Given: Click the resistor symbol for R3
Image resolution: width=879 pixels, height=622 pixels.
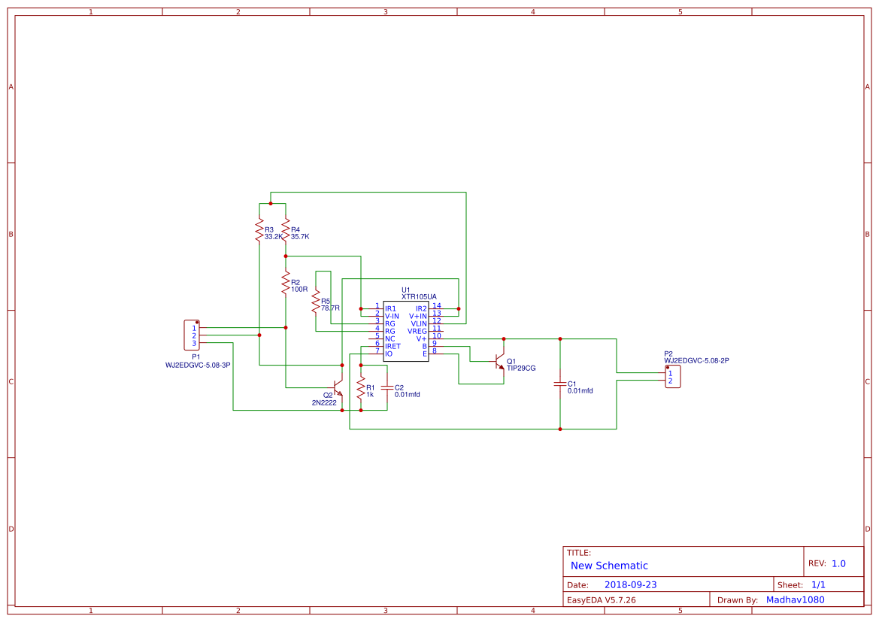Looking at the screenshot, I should (x=259, y=229).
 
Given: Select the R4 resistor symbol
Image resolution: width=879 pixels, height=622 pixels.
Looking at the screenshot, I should (x=286, y=229).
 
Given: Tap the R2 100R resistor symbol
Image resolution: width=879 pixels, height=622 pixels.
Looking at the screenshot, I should (x=286, y=284).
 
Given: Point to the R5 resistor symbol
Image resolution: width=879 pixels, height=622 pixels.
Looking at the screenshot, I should (x=316, y=302).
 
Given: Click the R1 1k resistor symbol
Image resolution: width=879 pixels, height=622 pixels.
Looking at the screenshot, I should (x=361, y=389).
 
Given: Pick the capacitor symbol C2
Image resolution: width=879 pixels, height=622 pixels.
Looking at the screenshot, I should (x=387, y=388).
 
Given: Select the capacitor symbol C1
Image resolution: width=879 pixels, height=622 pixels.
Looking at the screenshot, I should (x=560, y=384).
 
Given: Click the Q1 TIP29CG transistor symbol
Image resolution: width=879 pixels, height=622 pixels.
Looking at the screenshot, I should (x=499, y=363).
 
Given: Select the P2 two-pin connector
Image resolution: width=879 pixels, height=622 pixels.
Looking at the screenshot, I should (x=672, y=377).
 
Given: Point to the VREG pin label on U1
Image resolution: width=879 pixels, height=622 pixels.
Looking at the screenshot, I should (x=417, y=331).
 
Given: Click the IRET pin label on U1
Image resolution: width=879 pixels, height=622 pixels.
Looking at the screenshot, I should (x=393, y=346).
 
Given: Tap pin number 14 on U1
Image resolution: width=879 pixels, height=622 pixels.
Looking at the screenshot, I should (x=437, y=305).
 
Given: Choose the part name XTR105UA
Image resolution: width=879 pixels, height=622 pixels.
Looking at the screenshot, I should (x=419, y=297).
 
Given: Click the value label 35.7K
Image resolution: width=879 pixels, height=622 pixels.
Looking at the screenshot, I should (x=300, y=236).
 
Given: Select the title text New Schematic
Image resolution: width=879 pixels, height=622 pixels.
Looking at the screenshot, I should (x=609, y=566).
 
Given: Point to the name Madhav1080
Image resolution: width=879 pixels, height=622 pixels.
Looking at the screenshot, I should (x=795, y=600).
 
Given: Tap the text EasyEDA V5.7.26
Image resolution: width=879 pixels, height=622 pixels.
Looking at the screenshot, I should (x=601, y=600).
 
